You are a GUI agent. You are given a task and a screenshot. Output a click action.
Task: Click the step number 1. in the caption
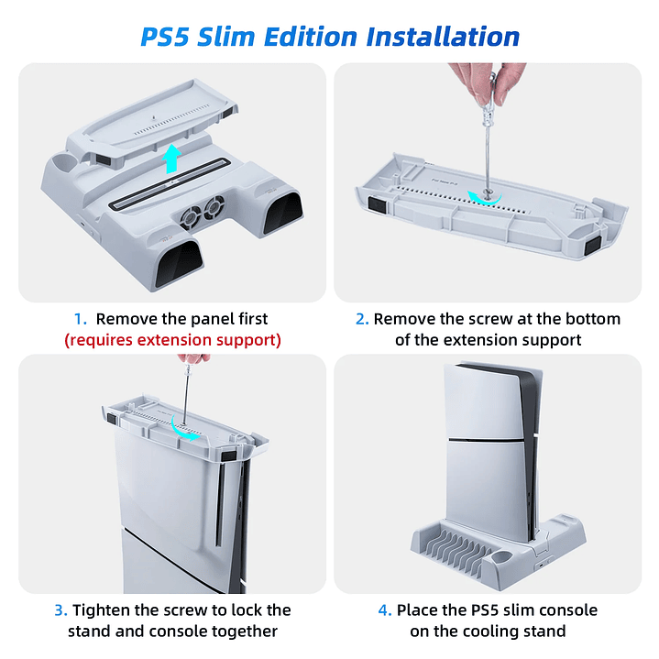81,319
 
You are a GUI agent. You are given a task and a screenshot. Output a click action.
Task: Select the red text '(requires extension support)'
172,340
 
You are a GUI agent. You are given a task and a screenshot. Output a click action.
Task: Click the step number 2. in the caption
361,319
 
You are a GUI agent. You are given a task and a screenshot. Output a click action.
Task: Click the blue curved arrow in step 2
482,195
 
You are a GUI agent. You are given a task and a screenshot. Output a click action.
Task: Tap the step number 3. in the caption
60,610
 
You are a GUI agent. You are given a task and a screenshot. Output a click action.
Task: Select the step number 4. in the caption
385,610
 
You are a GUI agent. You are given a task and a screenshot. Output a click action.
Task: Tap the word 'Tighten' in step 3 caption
102,610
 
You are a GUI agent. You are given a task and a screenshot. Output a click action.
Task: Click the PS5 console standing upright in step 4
483,440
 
